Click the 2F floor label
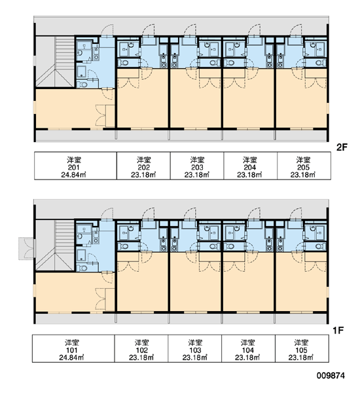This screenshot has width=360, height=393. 342,147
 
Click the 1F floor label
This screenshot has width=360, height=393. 338,331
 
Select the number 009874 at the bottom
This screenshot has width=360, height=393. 331,375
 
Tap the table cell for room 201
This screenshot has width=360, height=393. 75,166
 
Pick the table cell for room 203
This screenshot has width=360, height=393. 197,166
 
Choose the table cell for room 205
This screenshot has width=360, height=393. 304,166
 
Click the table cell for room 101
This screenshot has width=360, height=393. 73,348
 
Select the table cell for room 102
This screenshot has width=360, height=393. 141,348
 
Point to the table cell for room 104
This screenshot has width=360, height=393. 248,348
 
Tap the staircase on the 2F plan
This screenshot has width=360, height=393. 55,62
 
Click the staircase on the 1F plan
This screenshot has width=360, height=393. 55,246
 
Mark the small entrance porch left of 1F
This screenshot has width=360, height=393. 26,248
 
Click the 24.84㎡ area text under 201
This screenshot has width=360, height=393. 74,175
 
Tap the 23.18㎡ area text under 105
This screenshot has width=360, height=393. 301,358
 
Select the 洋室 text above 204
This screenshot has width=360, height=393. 250,159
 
